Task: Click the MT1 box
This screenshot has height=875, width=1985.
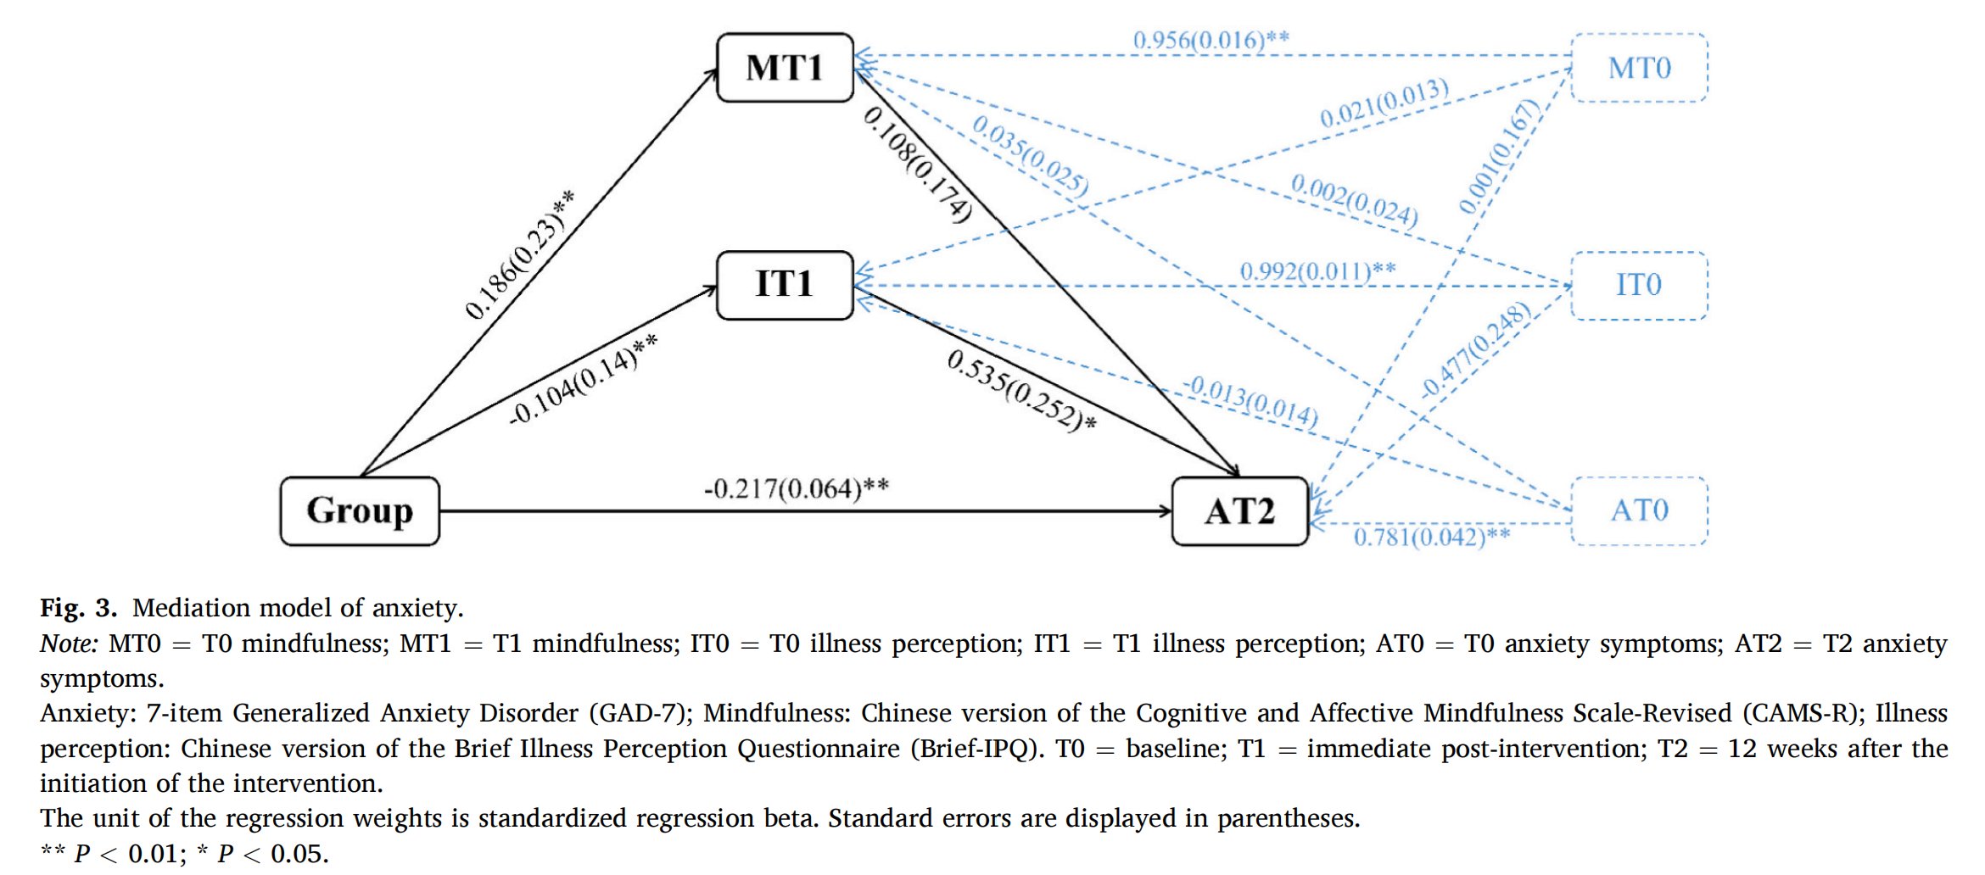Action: coord(785,68)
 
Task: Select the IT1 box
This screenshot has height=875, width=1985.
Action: coord(785,285)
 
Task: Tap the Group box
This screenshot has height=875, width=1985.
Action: coord(360,511)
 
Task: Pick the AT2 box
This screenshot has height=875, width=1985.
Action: coord(1239,511)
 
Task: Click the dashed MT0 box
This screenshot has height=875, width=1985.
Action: coord(1639,68)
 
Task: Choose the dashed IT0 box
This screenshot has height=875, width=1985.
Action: coord(1639,286)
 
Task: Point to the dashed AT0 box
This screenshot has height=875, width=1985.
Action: coord(1639,511)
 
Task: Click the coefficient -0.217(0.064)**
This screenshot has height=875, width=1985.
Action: coord(796,489)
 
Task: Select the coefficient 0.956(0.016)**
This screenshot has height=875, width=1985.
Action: coord(1211,40)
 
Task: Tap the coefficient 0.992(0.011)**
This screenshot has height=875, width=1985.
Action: coord(1317,271)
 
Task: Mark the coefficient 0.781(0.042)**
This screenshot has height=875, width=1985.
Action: coord(1431,537)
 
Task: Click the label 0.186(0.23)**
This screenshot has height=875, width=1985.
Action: coord(518,255)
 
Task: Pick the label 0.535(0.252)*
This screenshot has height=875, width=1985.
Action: coord(1020,391)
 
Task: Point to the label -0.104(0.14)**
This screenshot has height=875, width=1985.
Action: coord(582,380)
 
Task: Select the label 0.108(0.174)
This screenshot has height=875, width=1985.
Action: coord(917,164)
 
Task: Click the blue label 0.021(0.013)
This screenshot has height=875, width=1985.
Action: coord(1384,103)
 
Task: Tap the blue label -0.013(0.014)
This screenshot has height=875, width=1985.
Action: coord(1252,401)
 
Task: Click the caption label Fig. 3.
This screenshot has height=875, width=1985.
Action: coord(78,608)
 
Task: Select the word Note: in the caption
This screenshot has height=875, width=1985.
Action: coord(69,644)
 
